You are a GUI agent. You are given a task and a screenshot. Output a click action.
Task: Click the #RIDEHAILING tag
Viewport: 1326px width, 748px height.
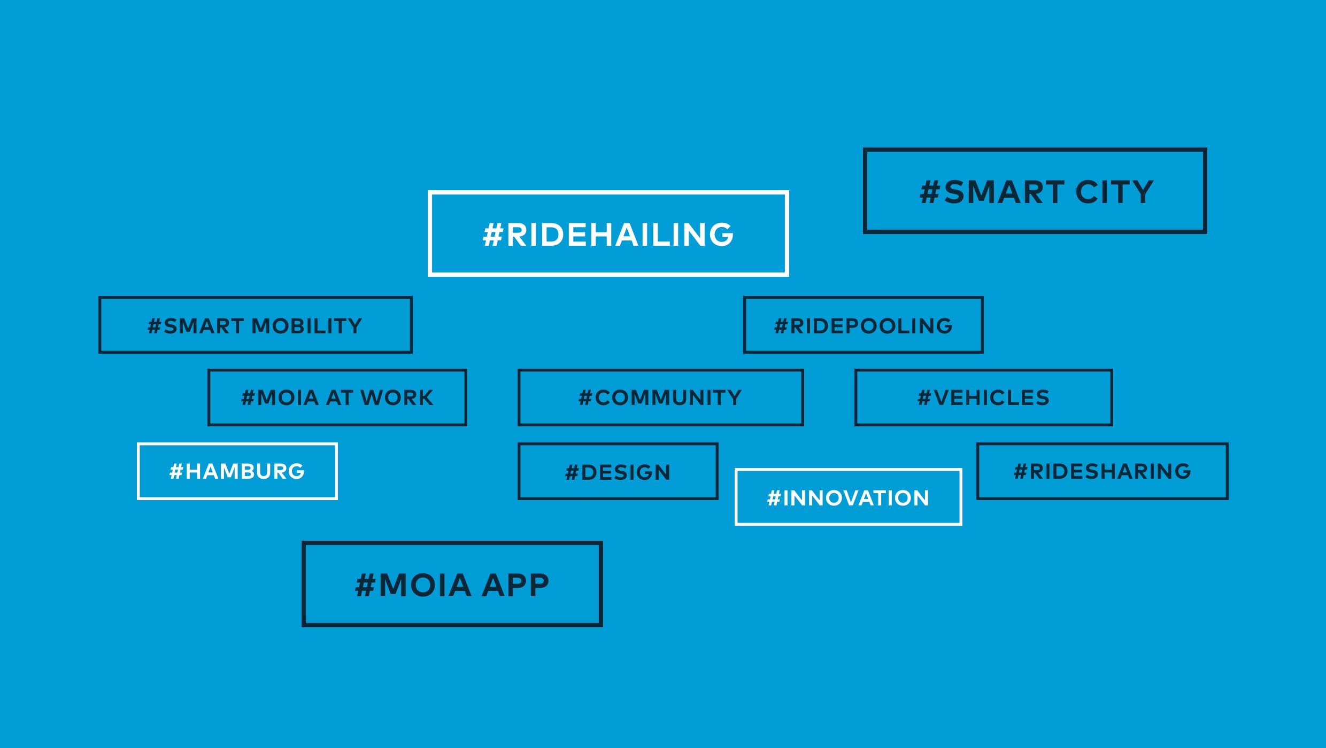(x=608, y=234)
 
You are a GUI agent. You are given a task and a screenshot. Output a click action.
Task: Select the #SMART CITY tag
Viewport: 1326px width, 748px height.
(x=1035, y=191)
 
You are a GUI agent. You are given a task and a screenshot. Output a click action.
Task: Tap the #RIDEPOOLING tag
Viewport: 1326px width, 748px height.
(x=863, y=325)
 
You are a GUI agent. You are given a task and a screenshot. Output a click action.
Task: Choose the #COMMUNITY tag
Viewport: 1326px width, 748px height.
(x=660, y=398)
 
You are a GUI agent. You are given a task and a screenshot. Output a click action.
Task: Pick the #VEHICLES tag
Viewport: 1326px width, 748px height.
(x=983, y=398)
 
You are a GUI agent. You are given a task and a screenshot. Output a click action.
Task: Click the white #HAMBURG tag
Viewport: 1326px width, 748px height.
(x=237, y=472)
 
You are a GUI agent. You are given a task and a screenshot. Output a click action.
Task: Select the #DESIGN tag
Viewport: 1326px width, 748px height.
(x=618, y=472)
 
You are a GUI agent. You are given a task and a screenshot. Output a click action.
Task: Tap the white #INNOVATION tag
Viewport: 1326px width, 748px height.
(x=848, y=497)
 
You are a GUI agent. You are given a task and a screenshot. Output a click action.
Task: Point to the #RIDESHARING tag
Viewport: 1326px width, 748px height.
(x=1102, y=472)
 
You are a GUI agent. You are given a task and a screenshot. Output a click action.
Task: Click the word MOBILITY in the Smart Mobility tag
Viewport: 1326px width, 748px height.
(x=307, y=326)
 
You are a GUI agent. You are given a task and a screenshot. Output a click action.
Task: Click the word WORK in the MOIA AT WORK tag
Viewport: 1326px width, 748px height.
(x=397, y=398)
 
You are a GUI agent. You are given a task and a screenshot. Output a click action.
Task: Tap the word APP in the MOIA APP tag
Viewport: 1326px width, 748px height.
(x=515, y=585)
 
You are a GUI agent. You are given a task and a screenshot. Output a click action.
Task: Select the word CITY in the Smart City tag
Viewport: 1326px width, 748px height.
(x=1114, y=192)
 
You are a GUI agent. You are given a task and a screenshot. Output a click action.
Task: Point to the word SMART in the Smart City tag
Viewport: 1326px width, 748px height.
(x=1004, y=192)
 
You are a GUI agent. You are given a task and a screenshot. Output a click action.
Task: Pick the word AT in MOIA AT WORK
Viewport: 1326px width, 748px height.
(x=340, y=398)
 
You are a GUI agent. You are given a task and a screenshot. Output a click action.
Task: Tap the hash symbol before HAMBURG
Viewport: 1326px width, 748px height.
(x=176, y=472)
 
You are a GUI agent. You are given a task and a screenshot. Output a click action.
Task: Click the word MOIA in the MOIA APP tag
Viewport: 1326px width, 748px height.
(x=425, y=585)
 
